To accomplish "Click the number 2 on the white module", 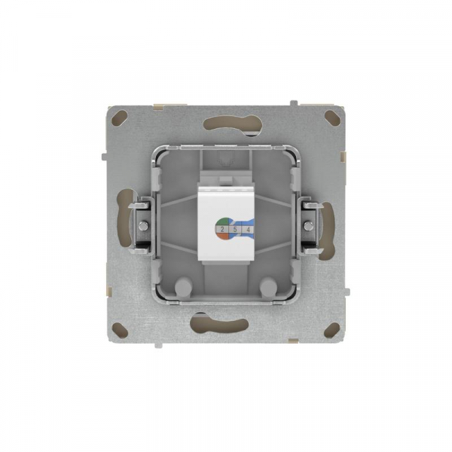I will click(224, 228).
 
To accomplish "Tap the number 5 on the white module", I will click(235, 228).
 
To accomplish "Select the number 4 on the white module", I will click(247, 228).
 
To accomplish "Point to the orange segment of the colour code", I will click(219, 234).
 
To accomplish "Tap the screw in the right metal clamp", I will click(308, 224).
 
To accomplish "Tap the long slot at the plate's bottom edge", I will click(226, 325).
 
